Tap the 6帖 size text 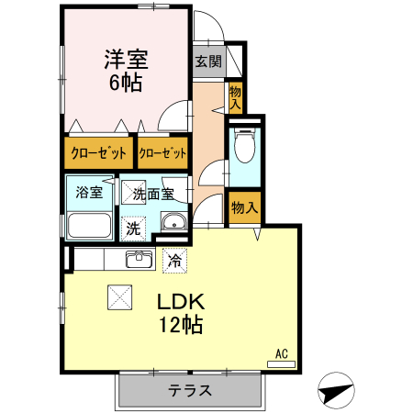tap(127, 82)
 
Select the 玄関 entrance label tap(207, 62)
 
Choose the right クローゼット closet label tap(163, 152)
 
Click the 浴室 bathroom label tap(88, 194)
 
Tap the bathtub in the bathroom tap(88, 225)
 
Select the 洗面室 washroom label tap(160, 194)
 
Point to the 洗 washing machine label tap(134, 227)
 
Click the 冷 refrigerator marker tap(174, 260)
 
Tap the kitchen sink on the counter tap(140, 260)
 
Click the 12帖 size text tap(179, 324)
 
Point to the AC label tap(282, 352)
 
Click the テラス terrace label tap(189, 389)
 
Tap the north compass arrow tap(337, 392)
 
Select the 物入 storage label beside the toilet tap(244, 207)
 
